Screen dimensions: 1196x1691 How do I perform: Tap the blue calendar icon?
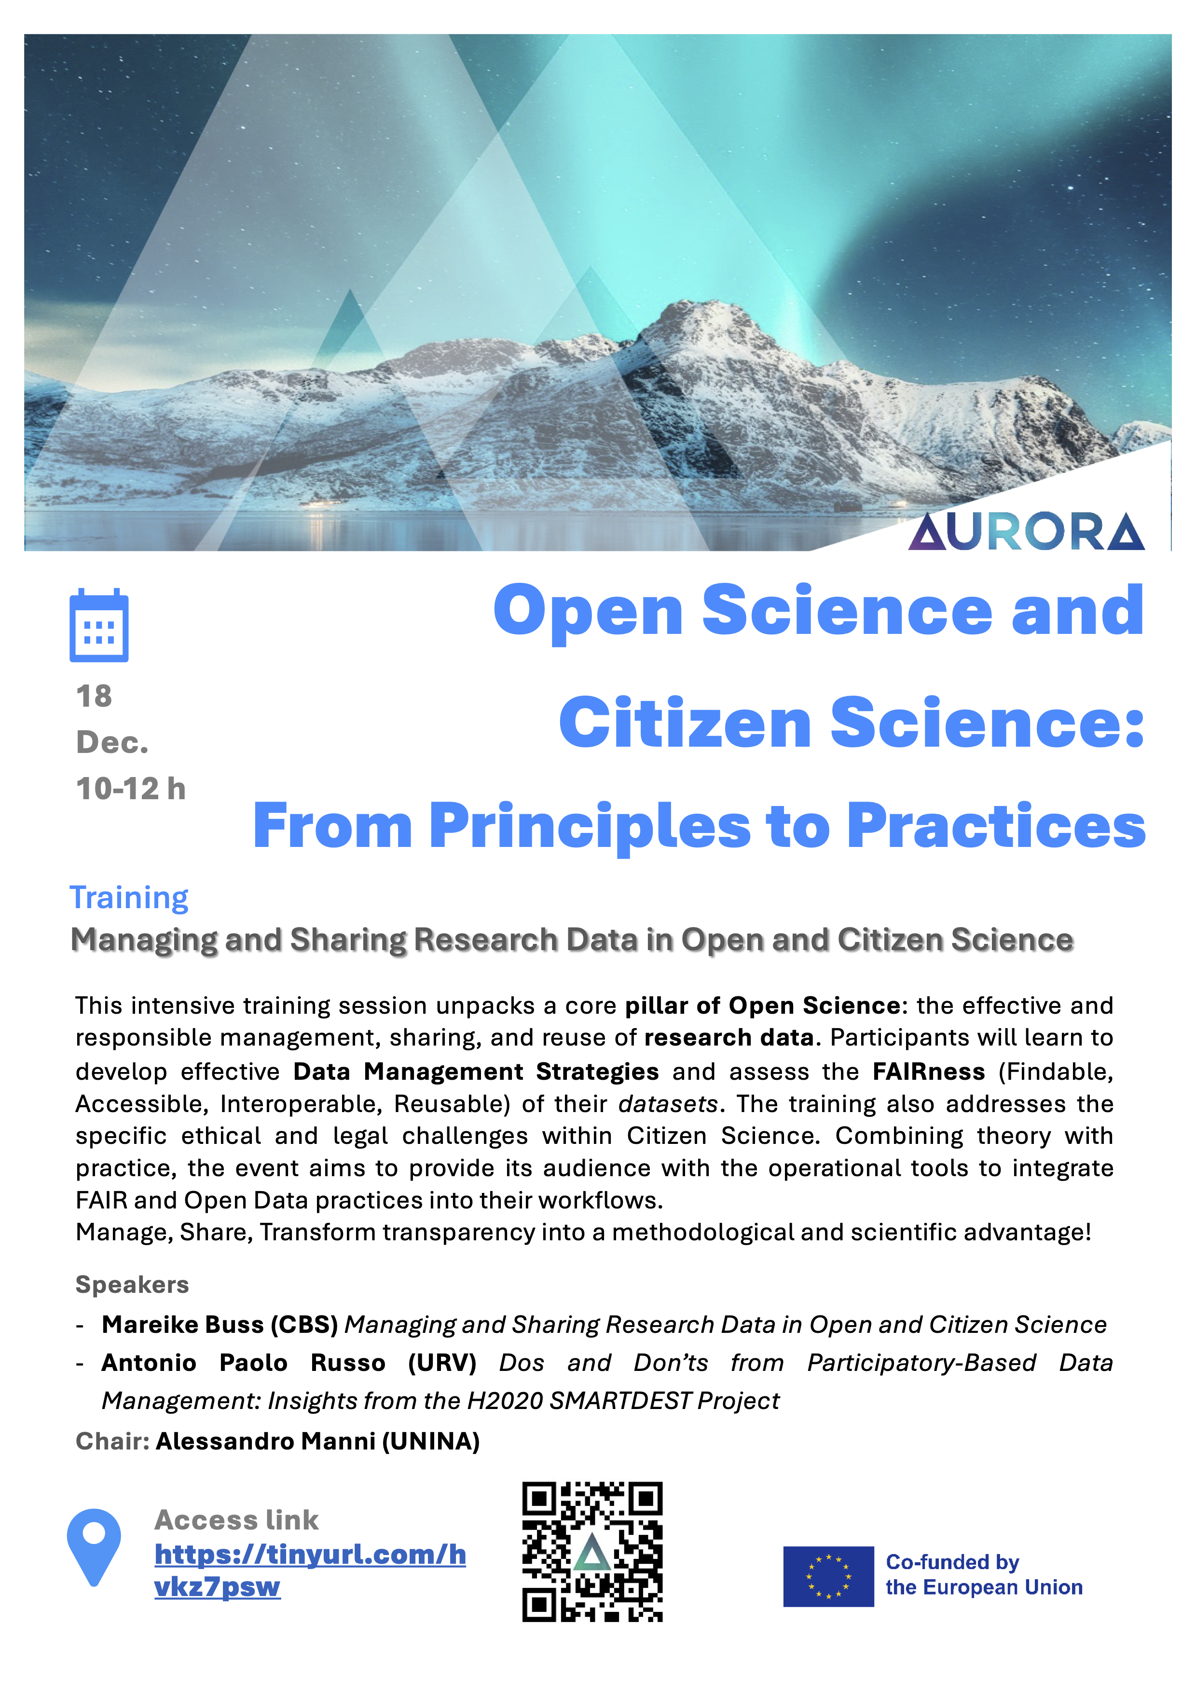[x=99, y=626]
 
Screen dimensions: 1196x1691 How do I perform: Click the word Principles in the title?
[x=590, y=826]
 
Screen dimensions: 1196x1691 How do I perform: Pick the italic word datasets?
[x=668, y=1104]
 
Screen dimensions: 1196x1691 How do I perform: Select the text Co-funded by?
[x=952, y=1562]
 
